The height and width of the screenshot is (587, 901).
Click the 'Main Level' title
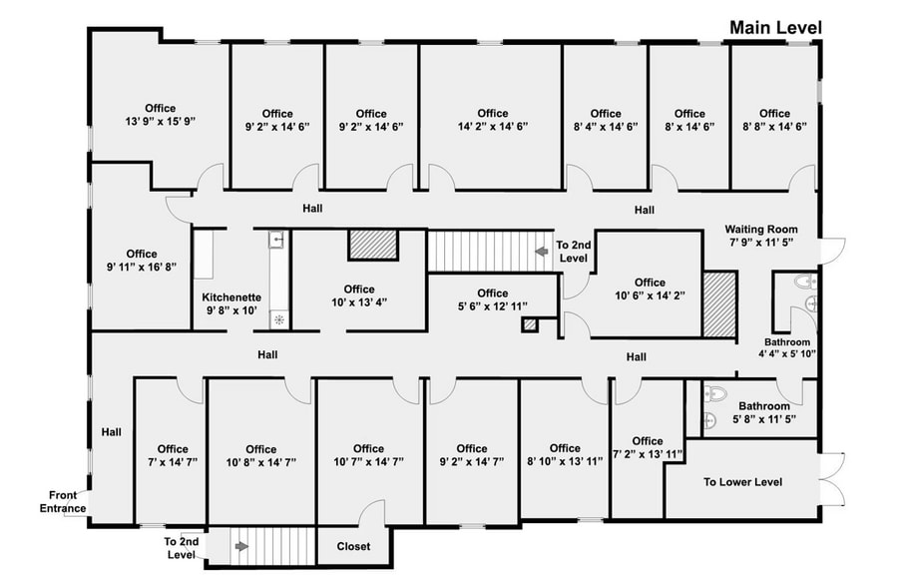[775, 28]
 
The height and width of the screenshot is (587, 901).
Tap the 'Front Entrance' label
[62, 501]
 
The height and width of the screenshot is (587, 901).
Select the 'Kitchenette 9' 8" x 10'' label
[231, 303]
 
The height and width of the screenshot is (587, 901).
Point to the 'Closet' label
[353, 546]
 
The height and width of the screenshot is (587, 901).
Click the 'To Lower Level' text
[742, 482]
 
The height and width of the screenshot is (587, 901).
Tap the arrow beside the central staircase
[541, 253]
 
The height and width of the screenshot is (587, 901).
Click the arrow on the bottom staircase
[239, 546]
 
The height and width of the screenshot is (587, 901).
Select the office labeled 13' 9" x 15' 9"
[160, 115]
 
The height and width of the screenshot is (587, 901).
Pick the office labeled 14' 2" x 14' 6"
[492, 120]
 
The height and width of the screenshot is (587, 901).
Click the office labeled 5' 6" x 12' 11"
[491, 299]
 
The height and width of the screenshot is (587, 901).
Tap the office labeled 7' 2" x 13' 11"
[647, 447]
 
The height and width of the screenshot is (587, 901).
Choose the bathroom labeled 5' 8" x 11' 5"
[763, 413]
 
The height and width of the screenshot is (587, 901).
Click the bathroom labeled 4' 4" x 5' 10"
[789, 347]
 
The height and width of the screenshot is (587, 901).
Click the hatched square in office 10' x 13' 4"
[373, 246]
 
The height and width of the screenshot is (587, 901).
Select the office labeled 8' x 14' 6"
[689, 120]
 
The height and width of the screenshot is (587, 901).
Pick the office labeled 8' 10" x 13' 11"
[564, 455]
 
